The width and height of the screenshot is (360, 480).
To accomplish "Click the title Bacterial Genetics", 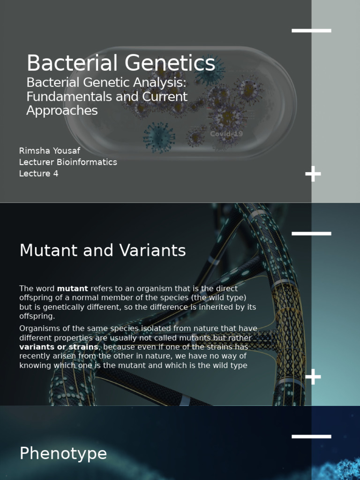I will click(120, 64).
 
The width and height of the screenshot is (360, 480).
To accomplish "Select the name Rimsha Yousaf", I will click(49, 151).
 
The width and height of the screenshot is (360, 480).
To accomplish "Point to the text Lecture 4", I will click(38, 173).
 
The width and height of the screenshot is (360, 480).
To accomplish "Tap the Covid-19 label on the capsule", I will click(226, 134).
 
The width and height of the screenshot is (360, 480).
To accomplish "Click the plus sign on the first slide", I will click(313, 174).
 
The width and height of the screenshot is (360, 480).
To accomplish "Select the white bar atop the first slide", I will click(311, 31).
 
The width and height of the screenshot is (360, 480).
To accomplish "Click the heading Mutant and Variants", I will click(102, 251).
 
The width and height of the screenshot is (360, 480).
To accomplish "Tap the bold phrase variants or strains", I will click(59, 347).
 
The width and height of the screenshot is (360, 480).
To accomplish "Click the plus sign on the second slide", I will click(313, 376).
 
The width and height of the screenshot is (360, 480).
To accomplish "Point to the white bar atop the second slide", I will click(311, 233).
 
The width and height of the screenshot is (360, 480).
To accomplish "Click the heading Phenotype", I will click(63, 454).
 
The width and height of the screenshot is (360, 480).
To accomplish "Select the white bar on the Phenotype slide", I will click(311, 436).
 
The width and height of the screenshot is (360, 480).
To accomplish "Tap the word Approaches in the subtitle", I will click(62, 111).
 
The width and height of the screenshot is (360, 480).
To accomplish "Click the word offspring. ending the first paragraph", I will click(37, 316).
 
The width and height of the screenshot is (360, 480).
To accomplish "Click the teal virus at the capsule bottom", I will click(158, 137).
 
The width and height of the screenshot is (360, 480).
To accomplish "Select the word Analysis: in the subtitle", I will click(160, 83).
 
